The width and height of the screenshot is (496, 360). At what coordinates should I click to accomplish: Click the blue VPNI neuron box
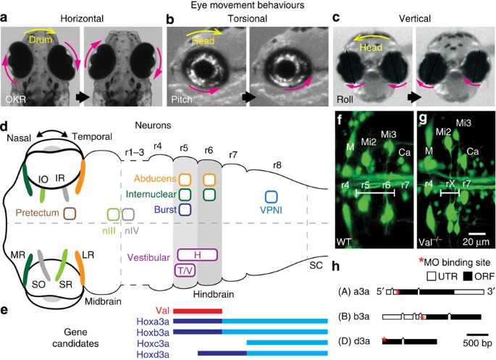pos(272,196)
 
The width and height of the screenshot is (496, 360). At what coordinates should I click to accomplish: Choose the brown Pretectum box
pos(71,213)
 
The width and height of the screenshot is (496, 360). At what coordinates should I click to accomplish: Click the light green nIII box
pos(113,214)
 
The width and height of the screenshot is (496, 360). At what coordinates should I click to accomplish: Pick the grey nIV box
pos(128,214)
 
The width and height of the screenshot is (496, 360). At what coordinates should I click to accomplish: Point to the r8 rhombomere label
pos(277,165)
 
